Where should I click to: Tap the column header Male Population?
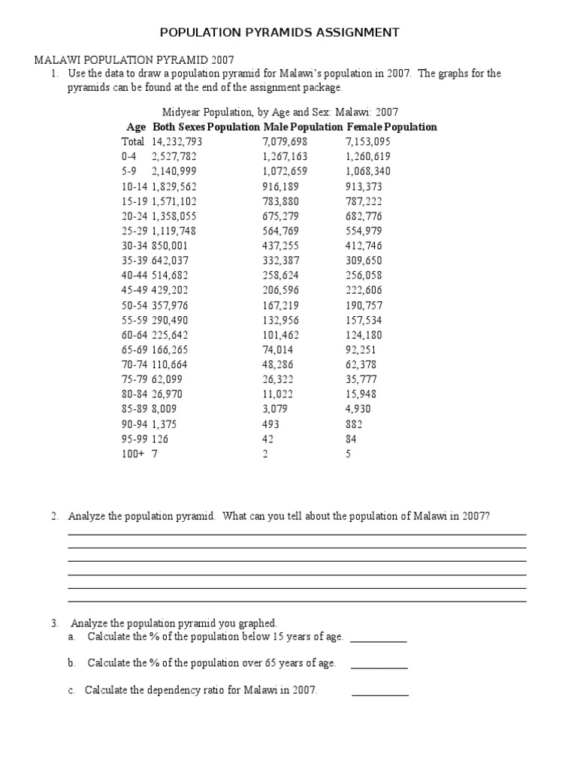coord(303,127)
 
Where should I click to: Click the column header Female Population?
coord(391,127)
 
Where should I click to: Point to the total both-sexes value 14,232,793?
coord(177,142)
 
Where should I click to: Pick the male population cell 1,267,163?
coord(285,157)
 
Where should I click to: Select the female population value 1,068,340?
coord(368,171)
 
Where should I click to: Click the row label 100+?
coord(133,454)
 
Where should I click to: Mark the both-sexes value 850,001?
coord(170,246)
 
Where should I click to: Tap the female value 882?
coord(353,424)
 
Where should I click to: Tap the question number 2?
coord(55,517)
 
